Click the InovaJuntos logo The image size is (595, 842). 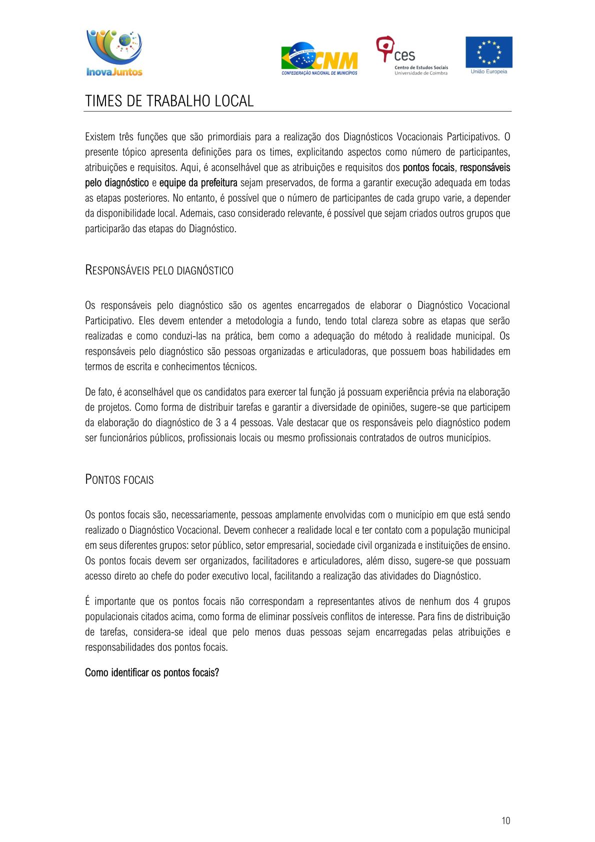click(114, 53)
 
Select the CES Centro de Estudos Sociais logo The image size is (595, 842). click(411, 56)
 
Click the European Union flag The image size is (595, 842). click(488, 52)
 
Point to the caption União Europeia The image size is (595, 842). click(488, 72)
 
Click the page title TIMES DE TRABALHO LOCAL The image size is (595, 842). click(169, 101)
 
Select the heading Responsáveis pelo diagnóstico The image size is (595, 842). click(159, 271)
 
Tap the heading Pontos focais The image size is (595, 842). click(119, 480)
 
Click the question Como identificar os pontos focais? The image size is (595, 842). click(152, 673)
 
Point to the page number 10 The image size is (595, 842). click(505, 820)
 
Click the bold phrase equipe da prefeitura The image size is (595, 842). click(198, 183)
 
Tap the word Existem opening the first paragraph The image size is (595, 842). click(100, 137)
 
